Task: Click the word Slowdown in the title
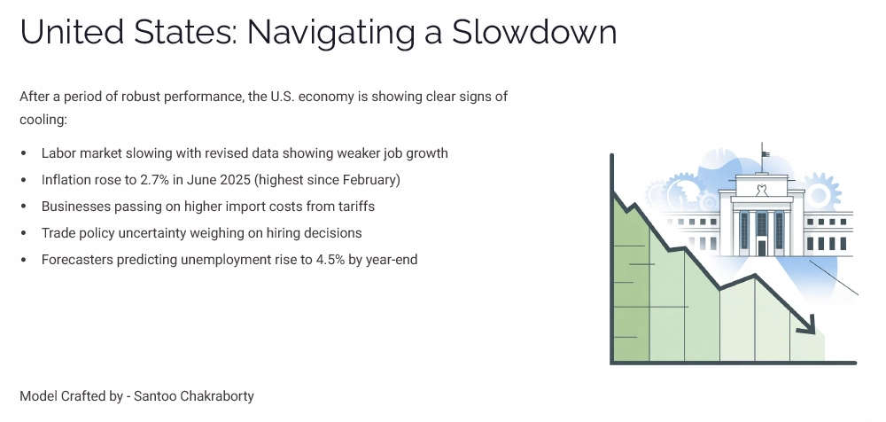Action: point(534,33)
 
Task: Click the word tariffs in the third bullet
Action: point(354,207)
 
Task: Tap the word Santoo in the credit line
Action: point(153,395)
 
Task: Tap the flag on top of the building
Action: point(765,153)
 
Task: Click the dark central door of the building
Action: point(761,233)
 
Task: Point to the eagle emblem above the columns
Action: point(760,189)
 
